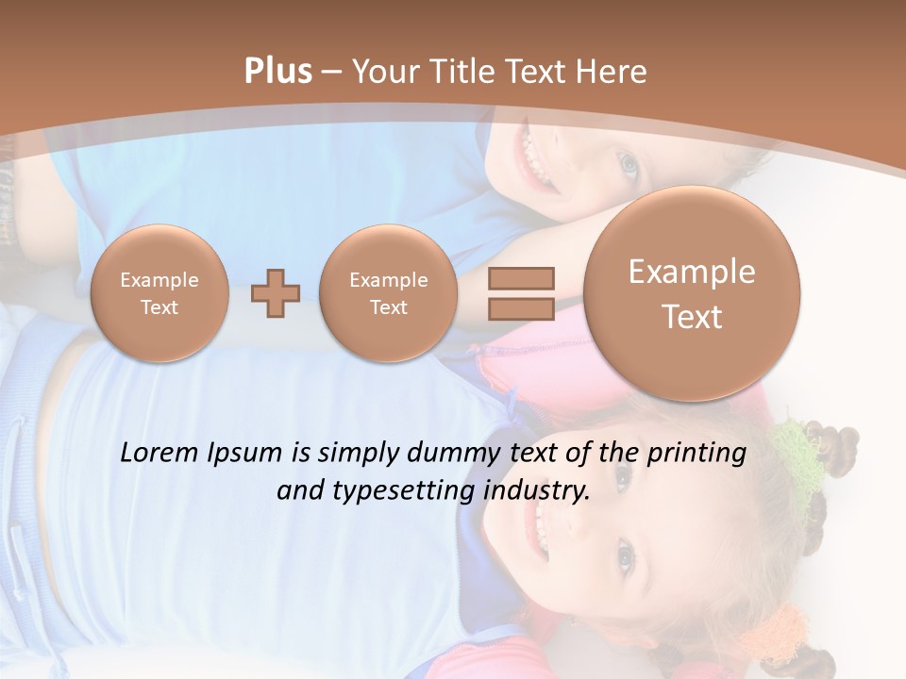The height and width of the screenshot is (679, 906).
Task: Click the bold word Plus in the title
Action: (x=277, y=72)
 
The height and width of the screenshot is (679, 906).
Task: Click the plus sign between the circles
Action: (x=276, y=294)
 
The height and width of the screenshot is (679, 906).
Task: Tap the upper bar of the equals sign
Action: (x=521, y=278)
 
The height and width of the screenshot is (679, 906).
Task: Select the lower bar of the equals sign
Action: (x=521, y=308)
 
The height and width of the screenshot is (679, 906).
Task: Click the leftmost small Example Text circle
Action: (x=159, y=293)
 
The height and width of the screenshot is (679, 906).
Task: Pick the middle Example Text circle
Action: (x=389, y=293)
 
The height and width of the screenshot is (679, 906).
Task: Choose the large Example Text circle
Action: (x=692, y=293)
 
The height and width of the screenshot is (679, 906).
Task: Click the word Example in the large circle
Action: (x=692, y=272)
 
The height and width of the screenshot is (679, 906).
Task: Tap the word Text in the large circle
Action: (x=692, y=317)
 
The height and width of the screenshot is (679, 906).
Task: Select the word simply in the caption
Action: (x=348, y=454)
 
